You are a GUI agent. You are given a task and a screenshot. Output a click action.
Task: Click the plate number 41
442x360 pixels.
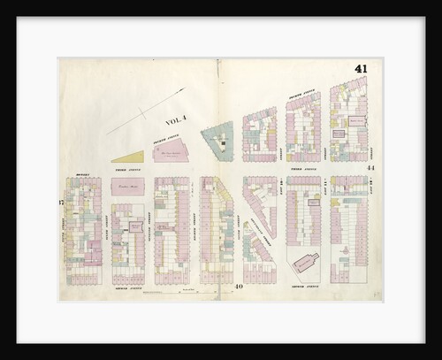tap(361, 69)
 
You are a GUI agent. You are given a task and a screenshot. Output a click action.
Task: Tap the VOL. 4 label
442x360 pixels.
tap(178, 123)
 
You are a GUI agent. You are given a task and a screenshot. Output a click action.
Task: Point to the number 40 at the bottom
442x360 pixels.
tap(239, 287)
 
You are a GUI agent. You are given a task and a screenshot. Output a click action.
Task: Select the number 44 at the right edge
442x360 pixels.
tap(371, 168)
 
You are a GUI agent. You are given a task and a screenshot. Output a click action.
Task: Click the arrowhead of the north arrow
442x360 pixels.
tap(183, 89)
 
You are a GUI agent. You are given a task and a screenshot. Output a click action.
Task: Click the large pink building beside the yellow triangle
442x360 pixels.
tap(171, 150)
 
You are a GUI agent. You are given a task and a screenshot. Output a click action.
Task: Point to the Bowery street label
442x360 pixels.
tap(84, 174)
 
